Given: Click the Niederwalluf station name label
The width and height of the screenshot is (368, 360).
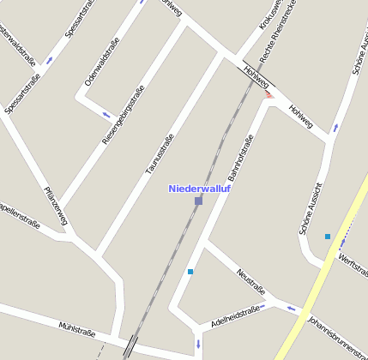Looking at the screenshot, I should [200, 189].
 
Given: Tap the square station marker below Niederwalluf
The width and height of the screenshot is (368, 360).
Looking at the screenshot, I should [198, 201].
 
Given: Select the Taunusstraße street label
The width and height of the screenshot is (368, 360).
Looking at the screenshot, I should [160, 154].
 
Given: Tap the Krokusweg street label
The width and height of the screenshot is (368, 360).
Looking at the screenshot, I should [270, 17].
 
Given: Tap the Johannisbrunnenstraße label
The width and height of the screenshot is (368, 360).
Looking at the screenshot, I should [336, 336].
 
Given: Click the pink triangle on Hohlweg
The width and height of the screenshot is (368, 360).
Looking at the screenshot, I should [269, 94].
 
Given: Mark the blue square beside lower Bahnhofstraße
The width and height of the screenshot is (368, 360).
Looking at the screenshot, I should [190, 273].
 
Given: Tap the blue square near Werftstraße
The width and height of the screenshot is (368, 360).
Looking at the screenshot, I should [328, 237].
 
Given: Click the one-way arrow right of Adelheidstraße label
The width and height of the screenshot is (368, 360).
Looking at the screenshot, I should [292, 309].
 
